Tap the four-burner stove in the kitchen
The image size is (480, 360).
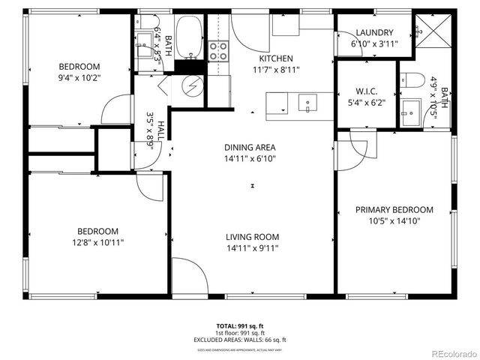pos(218,50)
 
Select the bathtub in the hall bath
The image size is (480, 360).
pos(193,37)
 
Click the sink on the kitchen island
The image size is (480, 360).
pos(308,103)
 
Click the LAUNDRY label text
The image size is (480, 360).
pos(374,32)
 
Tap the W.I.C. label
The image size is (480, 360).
pos(366,92)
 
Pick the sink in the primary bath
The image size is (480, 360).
pos(411,114)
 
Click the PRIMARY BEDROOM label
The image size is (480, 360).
pos(394,210)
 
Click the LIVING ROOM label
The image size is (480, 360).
pos(253,237)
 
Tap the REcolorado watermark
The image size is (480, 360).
pos(452,353)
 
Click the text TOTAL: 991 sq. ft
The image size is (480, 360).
pos(240,326)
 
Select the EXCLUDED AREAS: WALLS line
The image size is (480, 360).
pos(240,338)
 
